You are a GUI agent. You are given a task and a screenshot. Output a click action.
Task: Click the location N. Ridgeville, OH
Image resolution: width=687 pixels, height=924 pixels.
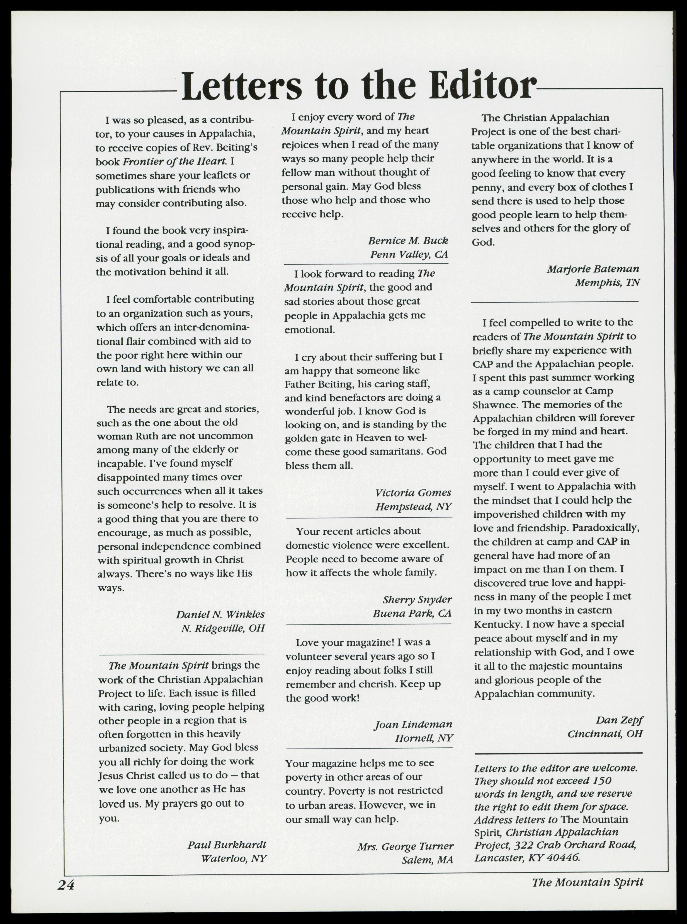pyautogui.click(x=223, y=628)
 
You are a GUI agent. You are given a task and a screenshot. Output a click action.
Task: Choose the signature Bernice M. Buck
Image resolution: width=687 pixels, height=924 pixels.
pyautogui.click(x=408, y=241)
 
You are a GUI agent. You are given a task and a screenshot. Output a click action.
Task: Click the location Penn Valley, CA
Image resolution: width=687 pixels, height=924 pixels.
pyautogui.click(x=409, y=254)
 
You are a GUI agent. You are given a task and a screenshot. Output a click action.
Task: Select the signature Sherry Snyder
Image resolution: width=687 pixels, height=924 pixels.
pyautogui.click(x=417, y=599)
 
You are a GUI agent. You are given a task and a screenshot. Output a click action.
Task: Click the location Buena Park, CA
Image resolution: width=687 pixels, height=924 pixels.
pyautogui.click(x=412, y=613)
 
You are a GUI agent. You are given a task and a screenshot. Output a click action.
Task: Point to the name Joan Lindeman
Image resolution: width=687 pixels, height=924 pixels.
pyautogui.click(x=413, y=725)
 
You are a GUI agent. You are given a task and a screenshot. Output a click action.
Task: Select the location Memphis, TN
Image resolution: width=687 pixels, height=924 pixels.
pyautogui.click(x=607, y=283)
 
